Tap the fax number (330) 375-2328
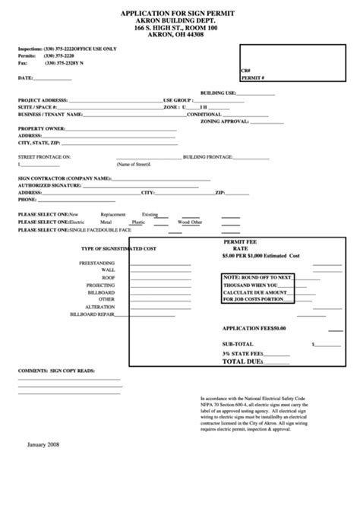(61, 63)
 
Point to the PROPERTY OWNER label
(39, 128)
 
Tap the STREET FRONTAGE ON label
(44, 156)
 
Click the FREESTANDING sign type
(97, 263)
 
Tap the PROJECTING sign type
(100, 285)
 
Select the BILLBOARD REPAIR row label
(91, 314)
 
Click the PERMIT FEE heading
(240, 241)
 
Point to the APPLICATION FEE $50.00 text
(254, 328)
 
